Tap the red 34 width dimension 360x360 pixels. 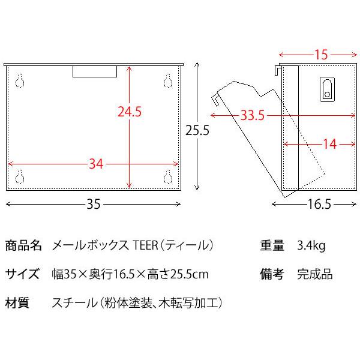pyautogui.click(x=96, y=163)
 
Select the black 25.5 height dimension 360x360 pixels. pyautogui.click(x=197, y=129)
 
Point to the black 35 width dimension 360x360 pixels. pyautogui.click(x=93, y=204)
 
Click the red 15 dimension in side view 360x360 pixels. pyautogui.click(x=321, y=55)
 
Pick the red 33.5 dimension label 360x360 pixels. pyautogui.click(x=253, y=116)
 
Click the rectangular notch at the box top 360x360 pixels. pyautogui.click(x=94, y=71)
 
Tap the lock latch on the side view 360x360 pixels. pyautogui.click(x=326, y=90)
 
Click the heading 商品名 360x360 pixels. pyautogui.click(x=23, y=245)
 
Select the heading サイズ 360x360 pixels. pyautogui.click(x=23, y=275)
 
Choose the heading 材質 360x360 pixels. pyautogui.click(x=18, y=303)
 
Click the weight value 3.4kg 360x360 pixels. pyautogui.click(x=311, y=245)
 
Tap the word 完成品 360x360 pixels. pyautogui.click(x=314, y=275)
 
